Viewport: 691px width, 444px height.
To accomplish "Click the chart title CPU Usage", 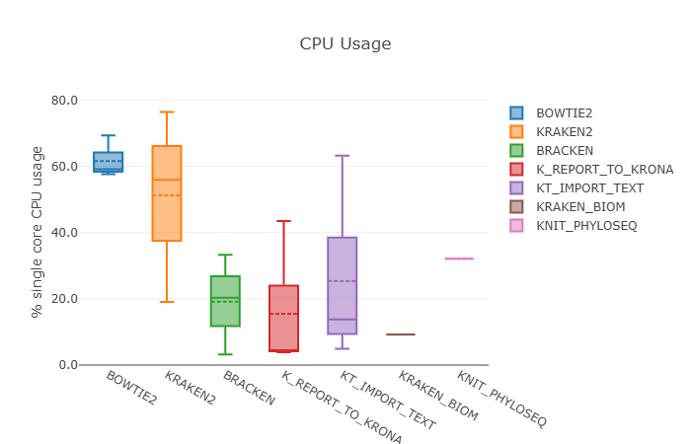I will click(x=345, y=44).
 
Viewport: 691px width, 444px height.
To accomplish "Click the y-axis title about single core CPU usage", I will click(x=38, y=232).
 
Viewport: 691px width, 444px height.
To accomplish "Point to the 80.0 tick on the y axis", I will click(x=64, y=101).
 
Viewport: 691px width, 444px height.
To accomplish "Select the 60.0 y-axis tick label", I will click(x=64, y=167).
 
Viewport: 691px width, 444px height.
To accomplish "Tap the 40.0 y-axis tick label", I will click(x=64, y=233).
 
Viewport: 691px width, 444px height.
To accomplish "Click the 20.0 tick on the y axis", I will click(x=64, y=299).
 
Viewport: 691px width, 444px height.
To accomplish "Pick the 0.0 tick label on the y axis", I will click(x=68, y=365).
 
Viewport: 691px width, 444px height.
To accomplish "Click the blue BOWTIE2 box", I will click(x=109, y=162).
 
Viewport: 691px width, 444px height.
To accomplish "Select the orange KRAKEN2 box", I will click(x=167, y=193).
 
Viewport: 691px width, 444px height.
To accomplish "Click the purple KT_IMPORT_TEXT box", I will click(x=343, y=286).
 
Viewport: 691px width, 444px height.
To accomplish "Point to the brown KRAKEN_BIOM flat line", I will click(x=401, y=334).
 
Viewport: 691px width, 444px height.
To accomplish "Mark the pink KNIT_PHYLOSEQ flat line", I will click(x=459, y=259).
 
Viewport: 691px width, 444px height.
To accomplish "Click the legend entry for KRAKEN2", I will click(x=565, y=132).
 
